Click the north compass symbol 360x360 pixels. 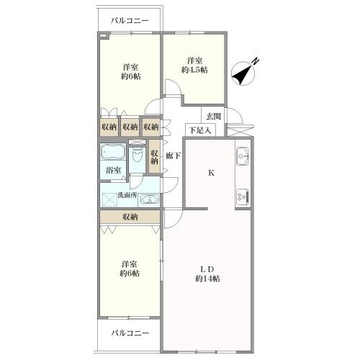(243, 73)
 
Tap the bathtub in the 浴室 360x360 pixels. (113, 151)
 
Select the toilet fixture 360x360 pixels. (138, 155)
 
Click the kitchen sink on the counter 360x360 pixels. (243, 156)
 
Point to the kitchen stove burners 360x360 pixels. (243, 197)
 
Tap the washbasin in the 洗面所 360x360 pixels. (149, 199)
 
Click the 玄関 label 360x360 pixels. (214, 117)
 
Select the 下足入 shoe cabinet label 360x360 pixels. (200, 130)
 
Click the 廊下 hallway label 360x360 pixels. (174, 156)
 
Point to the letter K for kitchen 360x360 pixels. (211, 173)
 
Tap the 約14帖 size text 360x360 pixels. (207, 279)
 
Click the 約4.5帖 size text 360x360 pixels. (194, 70)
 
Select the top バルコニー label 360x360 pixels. (130, 21)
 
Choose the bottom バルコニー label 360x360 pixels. (130, 333)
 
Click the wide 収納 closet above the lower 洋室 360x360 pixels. (130, 217)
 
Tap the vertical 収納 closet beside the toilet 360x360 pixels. (154, 157)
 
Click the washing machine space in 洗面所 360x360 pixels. (109, 199)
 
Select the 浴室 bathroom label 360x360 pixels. (113, 171)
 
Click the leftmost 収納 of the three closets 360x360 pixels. (109, 127)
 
